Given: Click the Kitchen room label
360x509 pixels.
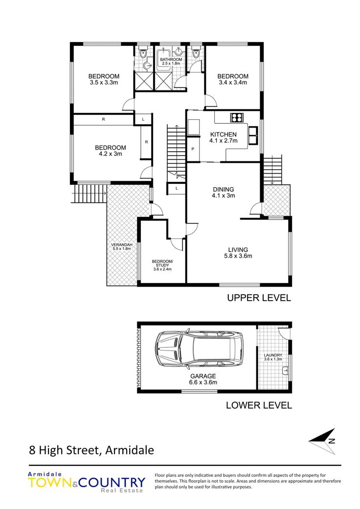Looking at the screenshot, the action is pos(224,134).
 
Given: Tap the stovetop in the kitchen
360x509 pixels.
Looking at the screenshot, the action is pos(237,117).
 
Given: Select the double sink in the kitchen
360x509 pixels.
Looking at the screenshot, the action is pos(253,135).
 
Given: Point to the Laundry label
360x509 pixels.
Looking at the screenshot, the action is pos(273,355).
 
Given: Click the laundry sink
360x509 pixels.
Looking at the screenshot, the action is pos(285,370).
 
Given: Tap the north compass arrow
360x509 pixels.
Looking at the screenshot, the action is pos(322,441).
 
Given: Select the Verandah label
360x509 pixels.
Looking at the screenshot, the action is pos(122,245).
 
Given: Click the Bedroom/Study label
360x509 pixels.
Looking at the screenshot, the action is pos(162,263).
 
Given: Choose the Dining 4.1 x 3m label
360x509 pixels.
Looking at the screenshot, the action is pos(224,192).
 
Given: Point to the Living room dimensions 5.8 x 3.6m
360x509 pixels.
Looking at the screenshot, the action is pos(238,256).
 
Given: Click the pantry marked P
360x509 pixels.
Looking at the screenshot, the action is pos(193,149).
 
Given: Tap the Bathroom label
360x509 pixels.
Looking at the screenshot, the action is pos(171,60).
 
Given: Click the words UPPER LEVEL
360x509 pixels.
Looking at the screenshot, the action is pos(259,298).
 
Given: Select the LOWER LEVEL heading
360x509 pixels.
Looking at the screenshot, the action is pos(259,405).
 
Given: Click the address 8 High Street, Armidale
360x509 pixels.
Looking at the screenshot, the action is pos(91,450).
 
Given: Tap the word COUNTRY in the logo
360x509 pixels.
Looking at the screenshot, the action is pos(112,483).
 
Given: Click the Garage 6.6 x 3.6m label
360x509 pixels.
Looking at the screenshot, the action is pos(203,379).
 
